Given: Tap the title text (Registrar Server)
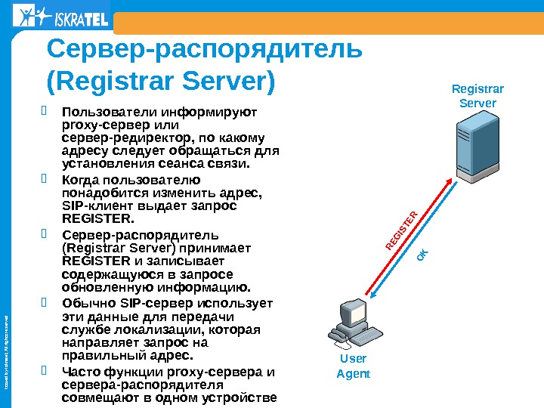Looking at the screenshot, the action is [161, 79].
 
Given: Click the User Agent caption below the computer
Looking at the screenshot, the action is [353, 366].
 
